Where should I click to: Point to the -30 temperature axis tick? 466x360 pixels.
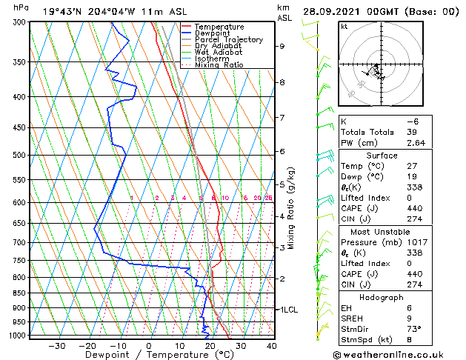coord(56,345)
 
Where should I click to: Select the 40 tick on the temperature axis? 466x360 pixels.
coord(272,345)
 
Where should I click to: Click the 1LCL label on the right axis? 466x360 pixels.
coord(288,310)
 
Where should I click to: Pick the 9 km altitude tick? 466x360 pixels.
coord(282,46)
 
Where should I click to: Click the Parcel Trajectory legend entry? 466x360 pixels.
coord(228,40)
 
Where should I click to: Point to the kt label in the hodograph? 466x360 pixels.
coord(344,27)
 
